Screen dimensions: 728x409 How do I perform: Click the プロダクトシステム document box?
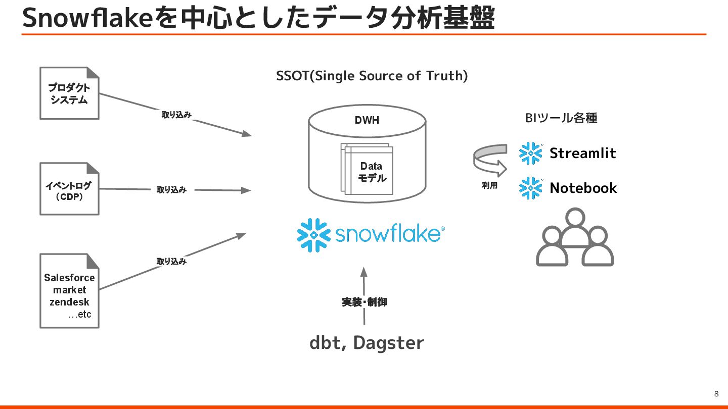tap(69, 93)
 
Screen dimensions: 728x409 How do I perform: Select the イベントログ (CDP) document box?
tap(69, 189)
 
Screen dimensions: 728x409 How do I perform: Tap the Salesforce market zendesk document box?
tap(69, 291)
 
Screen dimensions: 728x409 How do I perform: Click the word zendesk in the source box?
tap(69, 302)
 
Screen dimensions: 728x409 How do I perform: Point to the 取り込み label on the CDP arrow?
tap(171, 190)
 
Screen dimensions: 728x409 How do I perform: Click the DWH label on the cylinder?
tap(367, 120)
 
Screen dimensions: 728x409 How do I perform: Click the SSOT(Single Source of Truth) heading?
tap(372, 76)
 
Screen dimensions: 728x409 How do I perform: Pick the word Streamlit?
tap(582, 153)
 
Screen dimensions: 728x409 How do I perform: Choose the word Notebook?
tap(583, 188)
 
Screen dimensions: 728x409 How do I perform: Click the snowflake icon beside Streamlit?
tap(531, 153)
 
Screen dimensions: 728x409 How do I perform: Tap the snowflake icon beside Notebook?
tap(531, 188)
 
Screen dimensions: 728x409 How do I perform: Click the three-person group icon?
tap(574, 238)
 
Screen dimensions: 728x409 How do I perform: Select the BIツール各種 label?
tap(561, 118)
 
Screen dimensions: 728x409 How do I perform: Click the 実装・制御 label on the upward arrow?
tap(364, 302)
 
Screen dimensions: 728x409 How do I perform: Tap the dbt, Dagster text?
tap(367, 343)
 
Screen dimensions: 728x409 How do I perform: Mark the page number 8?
tap(716, 394)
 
